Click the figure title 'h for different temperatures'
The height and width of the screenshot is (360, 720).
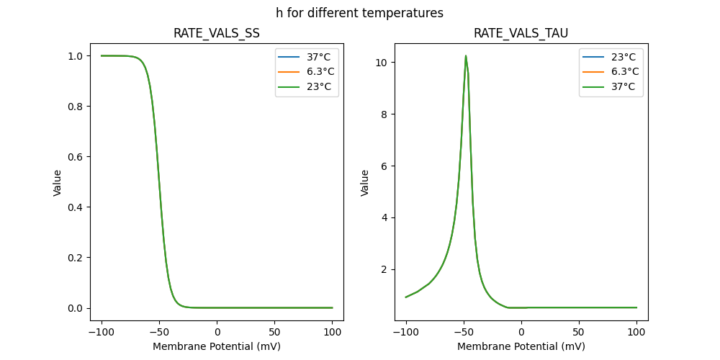359,13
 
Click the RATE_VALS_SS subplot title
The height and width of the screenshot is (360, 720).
216,33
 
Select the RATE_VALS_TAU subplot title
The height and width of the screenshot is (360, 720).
521,33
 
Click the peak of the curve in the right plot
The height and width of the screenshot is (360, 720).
466,55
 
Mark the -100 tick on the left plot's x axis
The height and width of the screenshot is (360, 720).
101,333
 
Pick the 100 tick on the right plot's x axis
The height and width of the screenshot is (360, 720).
636,333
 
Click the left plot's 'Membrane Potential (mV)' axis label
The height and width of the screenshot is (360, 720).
216,346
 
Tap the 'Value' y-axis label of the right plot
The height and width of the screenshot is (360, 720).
365,183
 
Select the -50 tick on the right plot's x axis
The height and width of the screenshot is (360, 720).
463,333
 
